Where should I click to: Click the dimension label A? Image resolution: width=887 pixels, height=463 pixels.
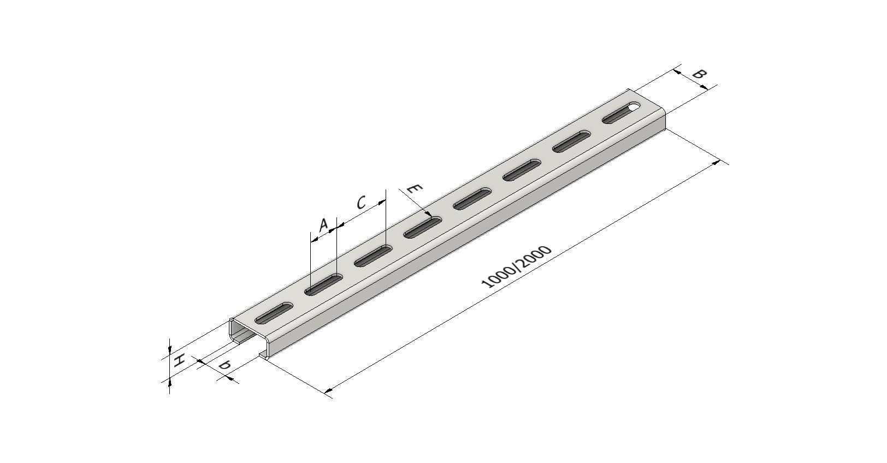point(323,225)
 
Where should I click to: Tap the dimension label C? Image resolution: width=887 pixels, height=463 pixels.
point(361,203)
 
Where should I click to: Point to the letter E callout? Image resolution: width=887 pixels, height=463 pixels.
point(415,189)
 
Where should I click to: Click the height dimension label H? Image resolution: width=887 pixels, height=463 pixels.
point(179,360)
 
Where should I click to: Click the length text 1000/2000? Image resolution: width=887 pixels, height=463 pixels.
point(516,267)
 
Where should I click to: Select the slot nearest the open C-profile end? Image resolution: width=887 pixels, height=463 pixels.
point(274,312)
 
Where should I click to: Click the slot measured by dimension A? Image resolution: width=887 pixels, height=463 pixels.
point(323,284)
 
